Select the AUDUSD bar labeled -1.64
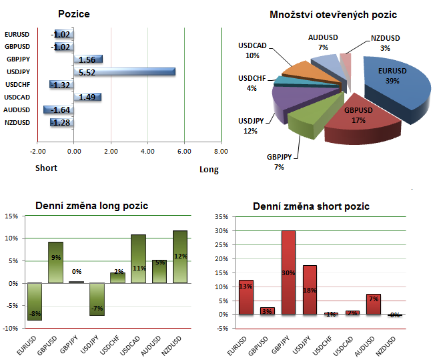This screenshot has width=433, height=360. point(59,110)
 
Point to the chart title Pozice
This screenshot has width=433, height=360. point(74,13)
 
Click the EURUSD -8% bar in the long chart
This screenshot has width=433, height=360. point(35,301)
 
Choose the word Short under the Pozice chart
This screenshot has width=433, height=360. point(46,168)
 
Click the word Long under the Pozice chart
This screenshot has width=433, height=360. point(209,170)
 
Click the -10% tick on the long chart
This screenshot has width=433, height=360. point(12,328)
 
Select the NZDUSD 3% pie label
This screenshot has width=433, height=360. point(386,43)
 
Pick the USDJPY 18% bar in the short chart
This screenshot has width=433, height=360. point(310,289)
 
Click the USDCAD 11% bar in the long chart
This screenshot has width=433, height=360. point(138,258)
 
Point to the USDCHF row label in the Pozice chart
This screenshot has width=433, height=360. point(16,84)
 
